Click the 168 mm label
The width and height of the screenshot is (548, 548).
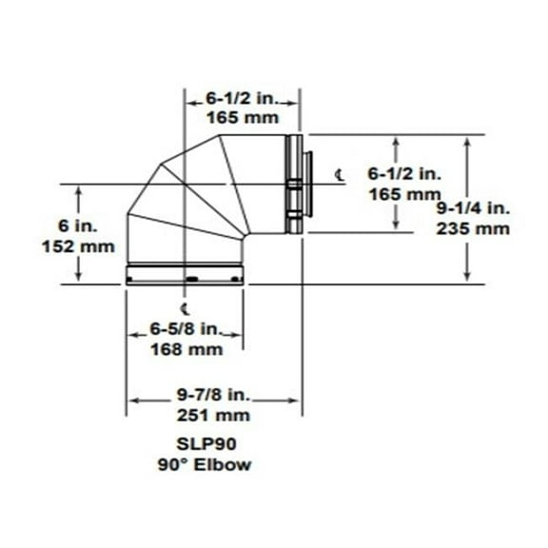coord(186,349)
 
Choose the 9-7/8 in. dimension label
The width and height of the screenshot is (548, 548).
coord(214,395)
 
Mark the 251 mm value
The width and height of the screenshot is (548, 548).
coord(214,416)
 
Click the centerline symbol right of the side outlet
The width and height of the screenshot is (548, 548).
coord(341,173)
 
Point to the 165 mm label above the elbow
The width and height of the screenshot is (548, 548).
coord(241,118)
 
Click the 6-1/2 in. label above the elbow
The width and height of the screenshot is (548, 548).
coord(241,97)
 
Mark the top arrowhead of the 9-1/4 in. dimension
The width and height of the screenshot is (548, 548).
coord(466,139)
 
